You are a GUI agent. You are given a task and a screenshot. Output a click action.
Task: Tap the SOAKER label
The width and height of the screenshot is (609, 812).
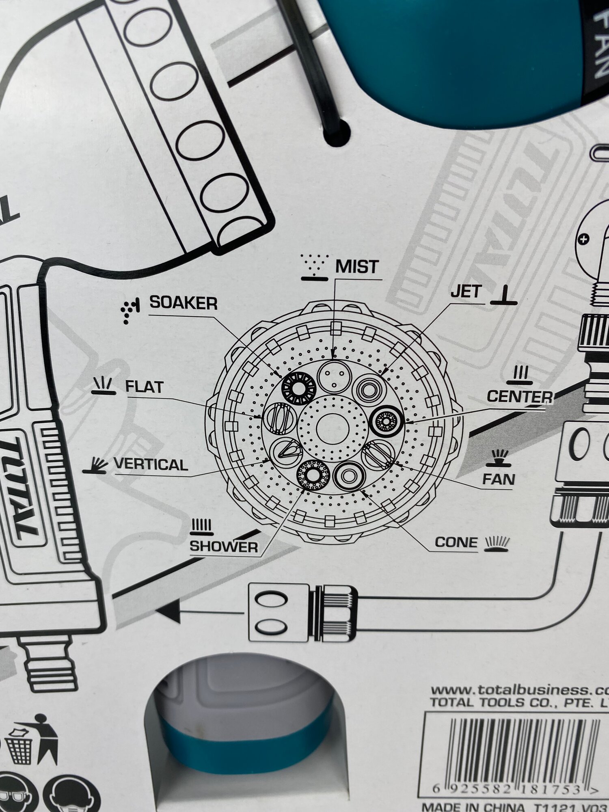(184, 302)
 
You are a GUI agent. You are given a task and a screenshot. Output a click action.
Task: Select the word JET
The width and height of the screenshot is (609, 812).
(466, 292)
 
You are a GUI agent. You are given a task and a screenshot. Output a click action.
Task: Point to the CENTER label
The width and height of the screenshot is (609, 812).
(520, 397)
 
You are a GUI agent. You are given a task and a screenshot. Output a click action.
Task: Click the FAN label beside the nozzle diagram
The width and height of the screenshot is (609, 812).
(499, 479)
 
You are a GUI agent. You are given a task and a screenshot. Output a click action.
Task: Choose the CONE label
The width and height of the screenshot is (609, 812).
(456, 542)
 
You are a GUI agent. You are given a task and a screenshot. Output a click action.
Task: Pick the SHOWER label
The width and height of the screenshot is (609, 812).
(224, 546)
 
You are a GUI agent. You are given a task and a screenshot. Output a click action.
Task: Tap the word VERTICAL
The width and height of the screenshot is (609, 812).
(151, 464)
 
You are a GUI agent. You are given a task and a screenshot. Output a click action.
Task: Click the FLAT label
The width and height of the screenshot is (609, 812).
(145, 387)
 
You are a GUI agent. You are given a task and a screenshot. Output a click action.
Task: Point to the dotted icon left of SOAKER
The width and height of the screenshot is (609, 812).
(130, 311)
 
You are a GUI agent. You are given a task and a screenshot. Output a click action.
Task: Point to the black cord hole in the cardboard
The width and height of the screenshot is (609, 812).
(337, 132)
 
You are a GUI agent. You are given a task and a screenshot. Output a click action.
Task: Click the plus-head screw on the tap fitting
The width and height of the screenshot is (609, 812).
(583, 238)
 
